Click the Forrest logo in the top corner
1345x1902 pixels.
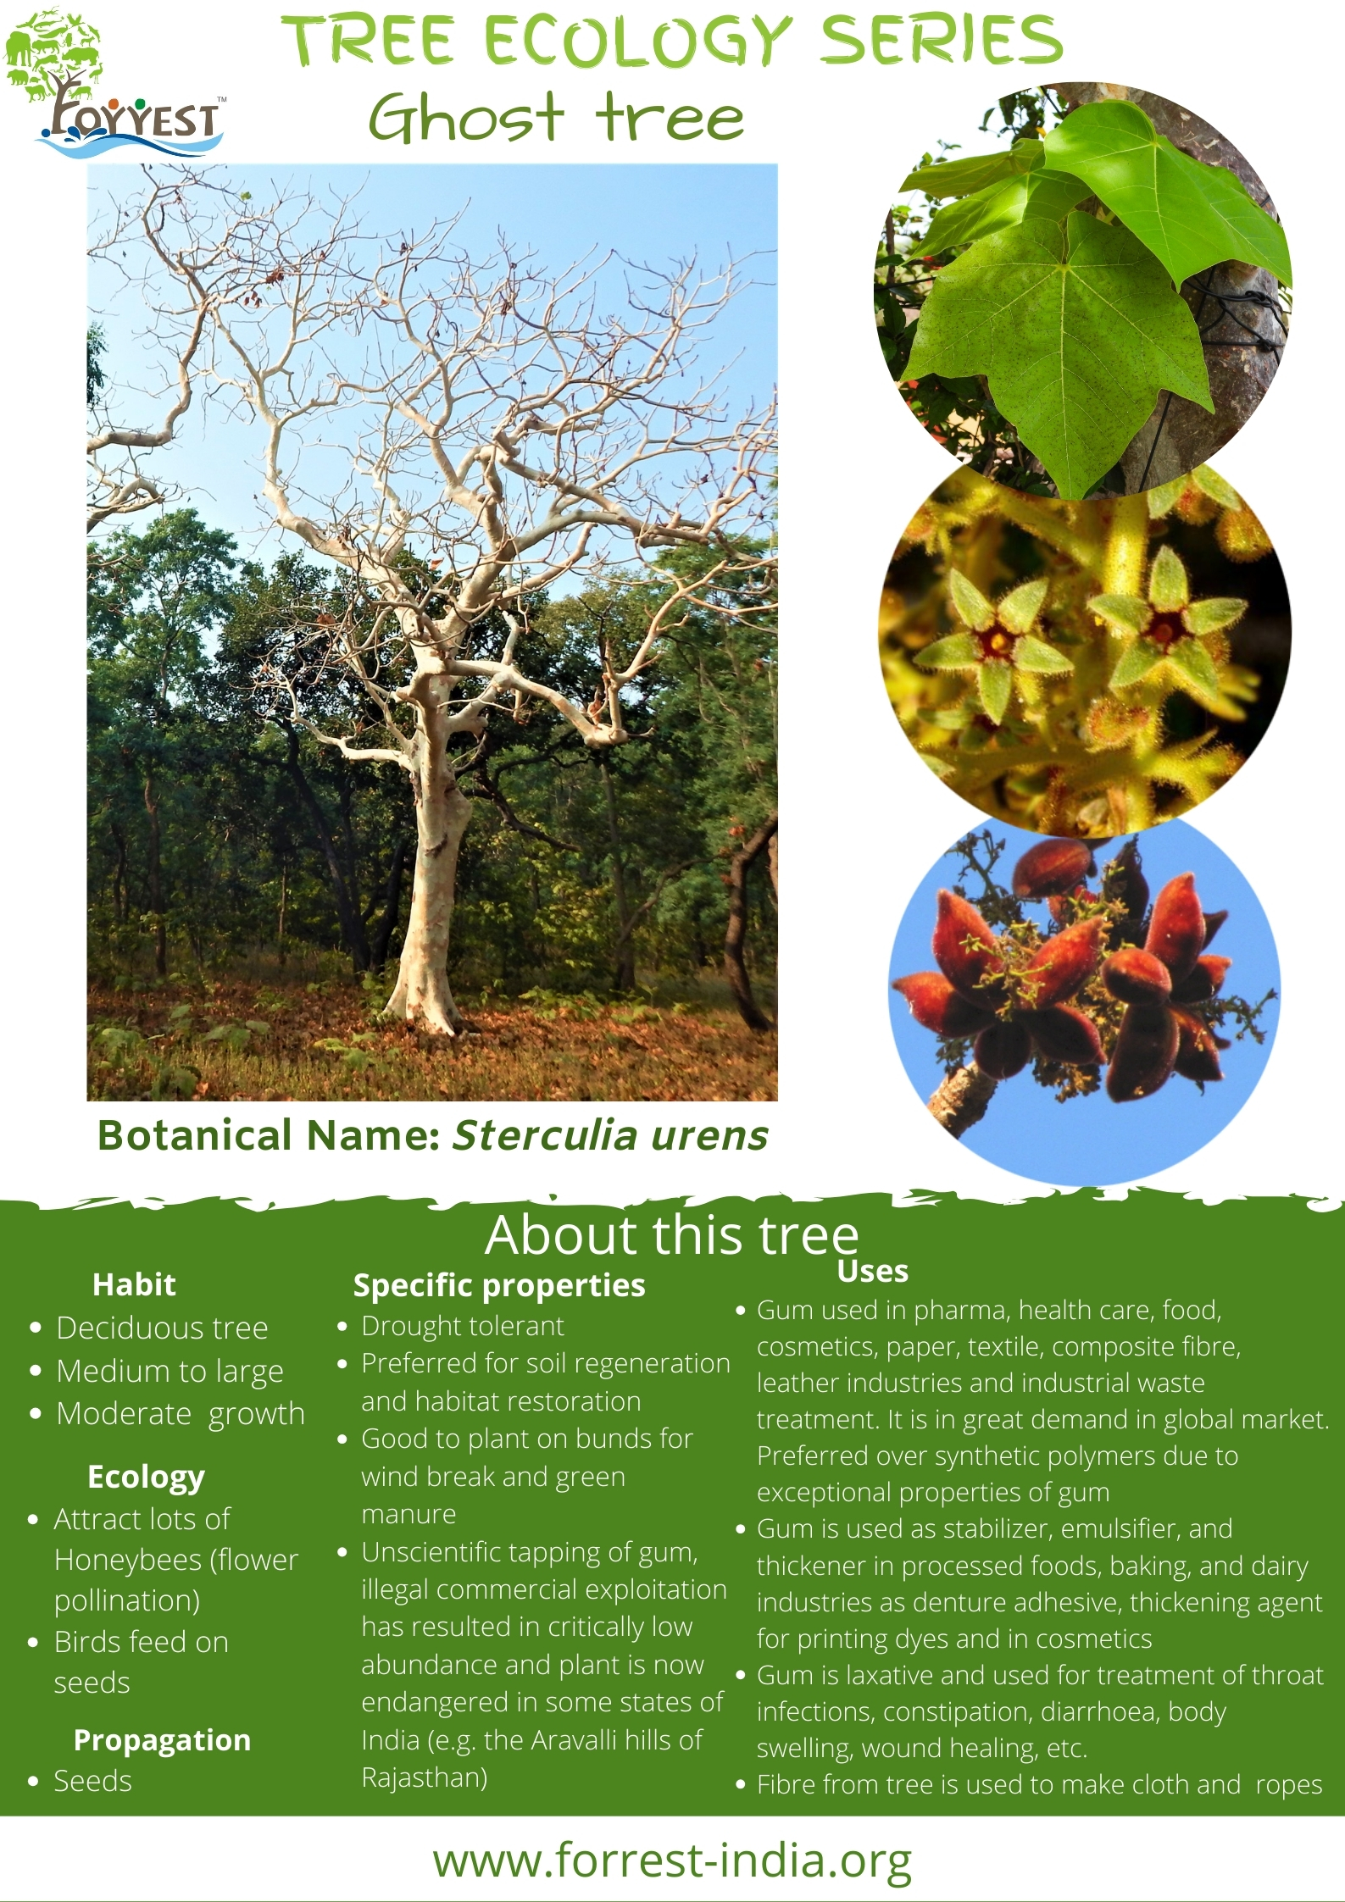tap(114, 82)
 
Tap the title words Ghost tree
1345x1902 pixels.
tap(557, 117)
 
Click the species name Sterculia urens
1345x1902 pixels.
tap(609, 1135)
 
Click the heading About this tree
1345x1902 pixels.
tap(672, 1234)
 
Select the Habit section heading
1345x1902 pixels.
tap(134, 1284)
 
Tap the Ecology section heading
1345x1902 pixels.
tap(146, 1477)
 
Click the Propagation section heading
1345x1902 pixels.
tap(162, 1739)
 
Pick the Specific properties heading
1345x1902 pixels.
tap(499, 1286)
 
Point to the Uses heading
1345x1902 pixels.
tap(873, 1271)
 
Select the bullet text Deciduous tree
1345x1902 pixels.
tap(162, 1328)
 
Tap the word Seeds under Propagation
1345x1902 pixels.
tap(93, 1781)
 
